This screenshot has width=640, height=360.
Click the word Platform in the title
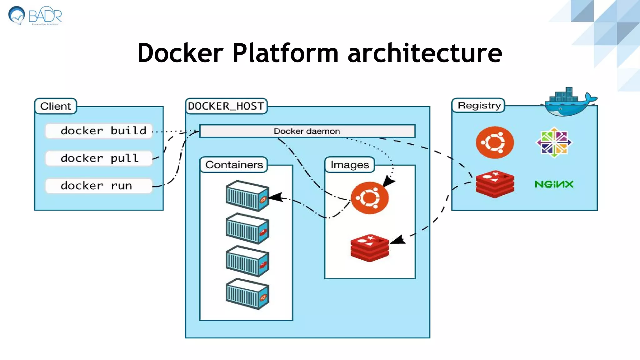285,53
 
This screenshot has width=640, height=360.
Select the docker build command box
99,131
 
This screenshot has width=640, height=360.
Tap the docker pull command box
99,158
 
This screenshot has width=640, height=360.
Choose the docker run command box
99,186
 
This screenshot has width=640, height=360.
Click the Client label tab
55,106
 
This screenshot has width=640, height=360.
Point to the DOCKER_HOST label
226,106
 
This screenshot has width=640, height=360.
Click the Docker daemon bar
307,131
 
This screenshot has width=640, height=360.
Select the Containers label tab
234,165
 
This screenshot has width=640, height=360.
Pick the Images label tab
350,165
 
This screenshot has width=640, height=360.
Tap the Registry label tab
479,105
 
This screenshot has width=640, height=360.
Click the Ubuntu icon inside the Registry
495,142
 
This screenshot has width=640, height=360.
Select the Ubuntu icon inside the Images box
370,198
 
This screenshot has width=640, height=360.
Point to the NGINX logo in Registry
554,184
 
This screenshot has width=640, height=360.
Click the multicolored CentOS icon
554,142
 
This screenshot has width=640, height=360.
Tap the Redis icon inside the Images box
370,247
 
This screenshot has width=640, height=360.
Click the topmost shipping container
247,196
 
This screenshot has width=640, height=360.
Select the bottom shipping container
247,294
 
